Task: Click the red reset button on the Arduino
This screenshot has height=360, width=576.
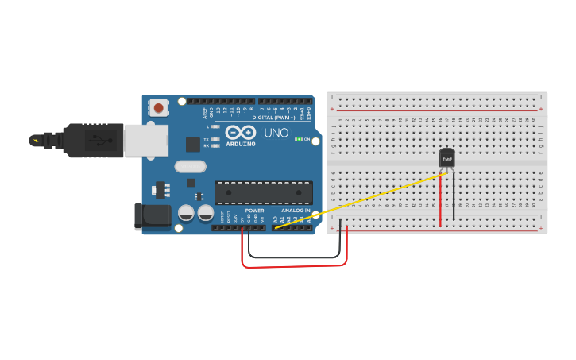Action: (159, 107)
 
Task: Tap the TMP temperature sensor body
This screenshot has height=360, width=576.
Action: (447, 158)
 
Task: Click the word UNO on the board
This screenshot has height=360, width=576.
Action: (276, 133)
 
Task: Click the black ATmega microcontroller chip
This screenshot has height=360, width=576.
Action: (263, 193)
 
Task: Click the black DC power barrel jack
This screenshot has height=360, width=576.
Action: (152, 217)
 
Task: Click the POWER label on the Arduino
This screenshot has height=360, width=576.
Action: (254, 211)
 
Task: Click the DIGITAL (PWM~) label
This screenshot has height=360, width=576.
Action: (274, 117)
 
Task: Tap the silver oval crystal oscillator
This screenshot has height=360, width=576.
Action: (191, 167)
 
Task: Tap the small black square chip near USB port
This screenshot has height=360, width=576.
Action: (192, 145)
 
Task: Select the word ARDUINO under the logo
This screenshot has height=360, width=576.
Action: (240, 145)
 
